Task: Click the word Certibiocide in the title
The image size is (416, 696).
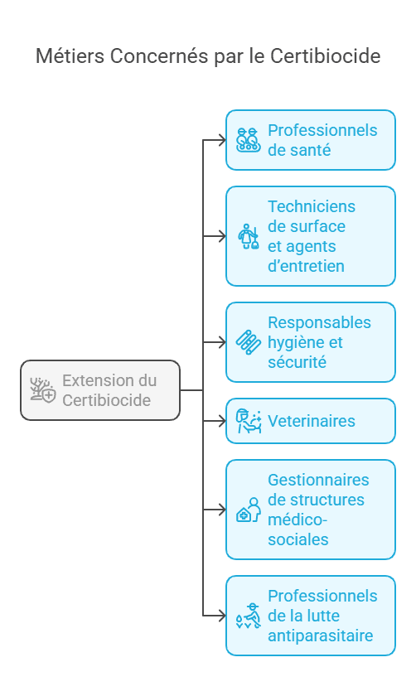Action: [x=326, y=56]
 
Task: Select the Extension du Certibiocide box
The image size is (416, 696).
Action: [x=100, y=390]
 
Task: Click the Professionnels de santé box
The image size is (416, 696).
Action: [x=311, y=140]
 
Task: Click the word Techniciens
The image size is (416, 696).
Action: [x=311, y=206]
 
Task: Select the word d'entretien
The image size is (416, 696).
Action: [x=305, y=266]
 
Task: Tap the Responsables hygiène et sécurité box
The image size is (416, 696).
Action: [x=311, y=342]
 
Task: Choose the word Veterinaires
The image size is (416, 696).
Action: [x=311, y=421]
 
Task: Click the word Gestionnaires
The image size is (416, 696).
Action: [x=318, y=480]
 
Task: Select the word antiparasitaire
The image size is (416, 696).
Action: [x=320, y=636]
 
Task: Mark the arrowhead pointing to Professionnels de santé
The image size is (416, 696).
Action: [x=221, y=140]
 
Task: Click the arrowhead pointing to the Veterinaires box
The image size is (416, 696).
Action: [x=221, y=421]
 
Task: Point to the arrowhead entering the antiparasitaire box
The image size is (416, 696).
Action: [x=221, y=616]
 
